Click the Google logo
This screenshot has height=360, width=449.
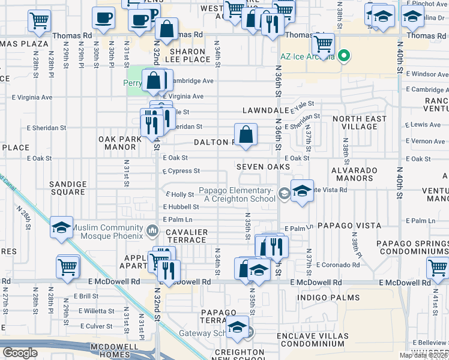pyautogui.click(x=20, y=353)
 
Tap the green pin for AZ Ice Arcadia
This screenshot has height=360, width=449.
pyautogui.click(x=344, y=58)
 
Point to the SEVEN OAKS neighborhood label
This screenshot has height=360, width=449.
pyautogui.click(x=263, y=166)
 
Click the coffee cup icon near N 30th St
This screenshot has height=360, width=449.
pyautogui.click(x=103, y=17)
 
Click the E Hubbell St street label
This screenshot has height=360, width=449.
pyautogui.click(x=181, y=206)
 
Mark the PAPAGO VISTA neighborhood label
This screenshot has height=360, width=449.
pyautogui.click(x=349, y=226)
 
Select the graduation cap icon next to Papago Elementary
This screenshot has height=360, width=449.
pyautogui.click(x=302, y=191)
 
